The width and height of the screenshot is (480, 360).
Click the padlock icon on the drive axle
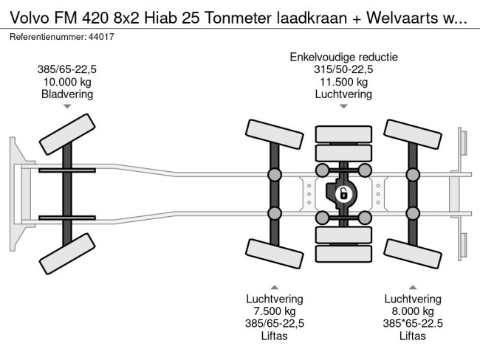point(343,195)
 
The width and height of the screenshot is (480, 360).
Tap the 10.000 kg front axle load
point(67,82)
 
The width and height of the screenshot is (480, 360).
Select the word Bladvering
point(67,94)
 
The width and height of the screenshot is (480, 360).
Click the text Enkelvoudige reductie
point(343,57)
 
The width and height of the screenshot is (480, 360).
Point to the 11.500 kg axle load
point(343,82)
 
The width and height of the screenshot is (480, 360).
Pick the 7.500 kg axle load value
point(275,311)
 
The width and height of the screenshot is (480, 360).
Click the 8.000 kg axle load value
point(412,311)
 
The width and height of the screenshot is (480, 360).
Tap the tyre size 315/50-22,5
point(343,69)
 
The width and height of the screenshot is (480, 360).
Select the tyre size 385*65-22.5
point(412,323)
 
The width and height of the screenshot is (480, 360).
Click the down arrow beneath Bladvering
point(67,107)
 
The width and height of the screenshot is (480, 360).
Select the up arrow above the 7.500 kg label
point(275,286)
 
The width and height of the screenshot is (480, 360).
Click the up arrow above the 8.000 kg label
point(412,286)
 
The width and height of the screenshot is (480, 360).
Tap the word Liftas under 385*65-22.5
point(412,336)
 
